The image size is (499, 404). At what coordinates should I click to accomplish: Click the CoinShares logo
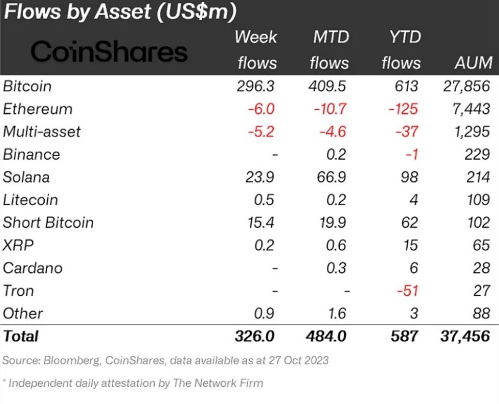coord(109,51)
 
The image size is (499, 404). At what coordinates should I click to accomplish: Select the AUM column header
coord(472,63)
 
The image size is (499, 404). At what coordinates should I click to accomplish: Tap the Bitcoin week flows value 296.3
coord(256,86)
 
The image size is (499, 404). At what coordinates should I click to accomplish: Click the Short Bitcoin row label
coord(48,222)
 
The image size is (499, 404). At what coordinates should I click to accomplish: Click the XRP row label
coord(18,245)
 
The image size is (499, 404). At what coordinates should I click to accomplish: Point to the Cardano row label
coord(32,267)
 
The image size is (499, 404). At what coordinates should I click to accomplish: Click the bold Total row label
coord(21,336)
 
